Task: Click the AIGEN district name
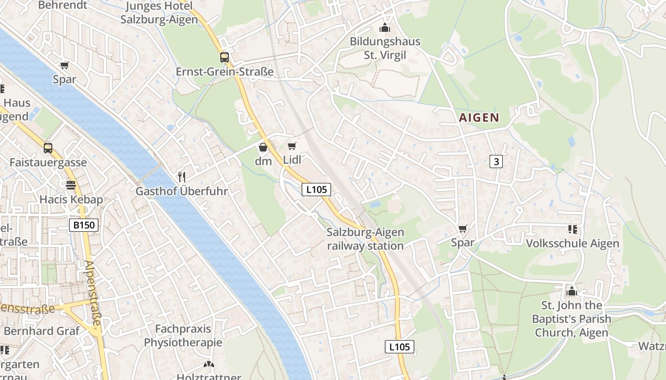[479, 118]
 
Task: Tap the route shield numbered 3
[496, 161]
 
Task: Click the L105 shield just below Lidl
[316, 190]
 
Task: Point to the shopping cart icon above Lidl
[292, 146]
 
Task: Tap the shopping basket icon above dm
[263, 147]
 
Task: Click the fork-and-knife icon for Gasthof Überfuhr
[181, 177]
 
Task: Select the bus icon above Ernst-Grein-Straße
[224, 57]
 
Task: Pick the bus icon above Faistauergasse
[48, 148]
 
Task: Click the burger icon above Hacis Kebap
[71, 185]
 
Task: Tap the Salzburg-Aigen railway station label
[365, 239]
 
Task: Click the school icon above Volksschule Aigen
[572, 229]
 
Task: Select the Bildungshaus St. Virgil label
[385, 48]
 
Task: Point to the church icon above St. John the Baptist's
[571, 291]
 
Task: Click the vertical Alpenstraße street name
[93, 293]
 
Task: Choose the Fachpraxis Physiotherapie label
[183, 335]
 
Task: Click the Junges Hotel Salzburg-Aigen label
[159, 13]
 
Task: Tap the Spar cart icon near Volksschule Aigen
[462, 228]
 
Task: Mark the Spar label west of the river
[65, 79]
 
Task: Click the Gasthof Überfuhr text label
[182, 191]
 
